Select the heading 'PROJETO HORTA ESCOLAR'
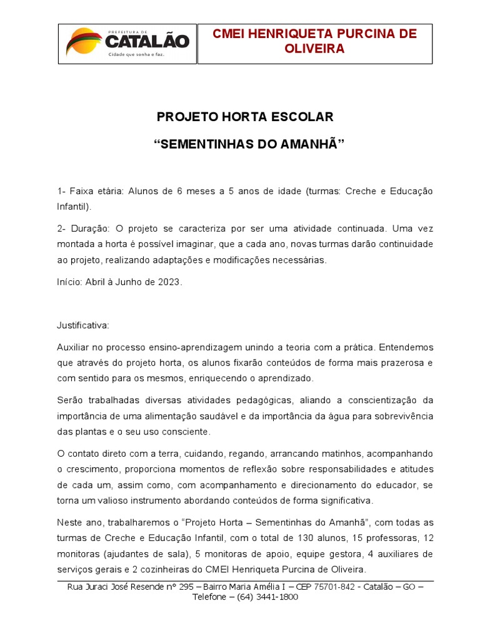tap(245, 117)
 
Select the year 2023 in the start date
tap(168, 281)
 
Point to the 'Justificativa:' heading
tap(83, 325)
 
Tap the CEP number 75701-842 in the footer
tap(319, 587)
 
